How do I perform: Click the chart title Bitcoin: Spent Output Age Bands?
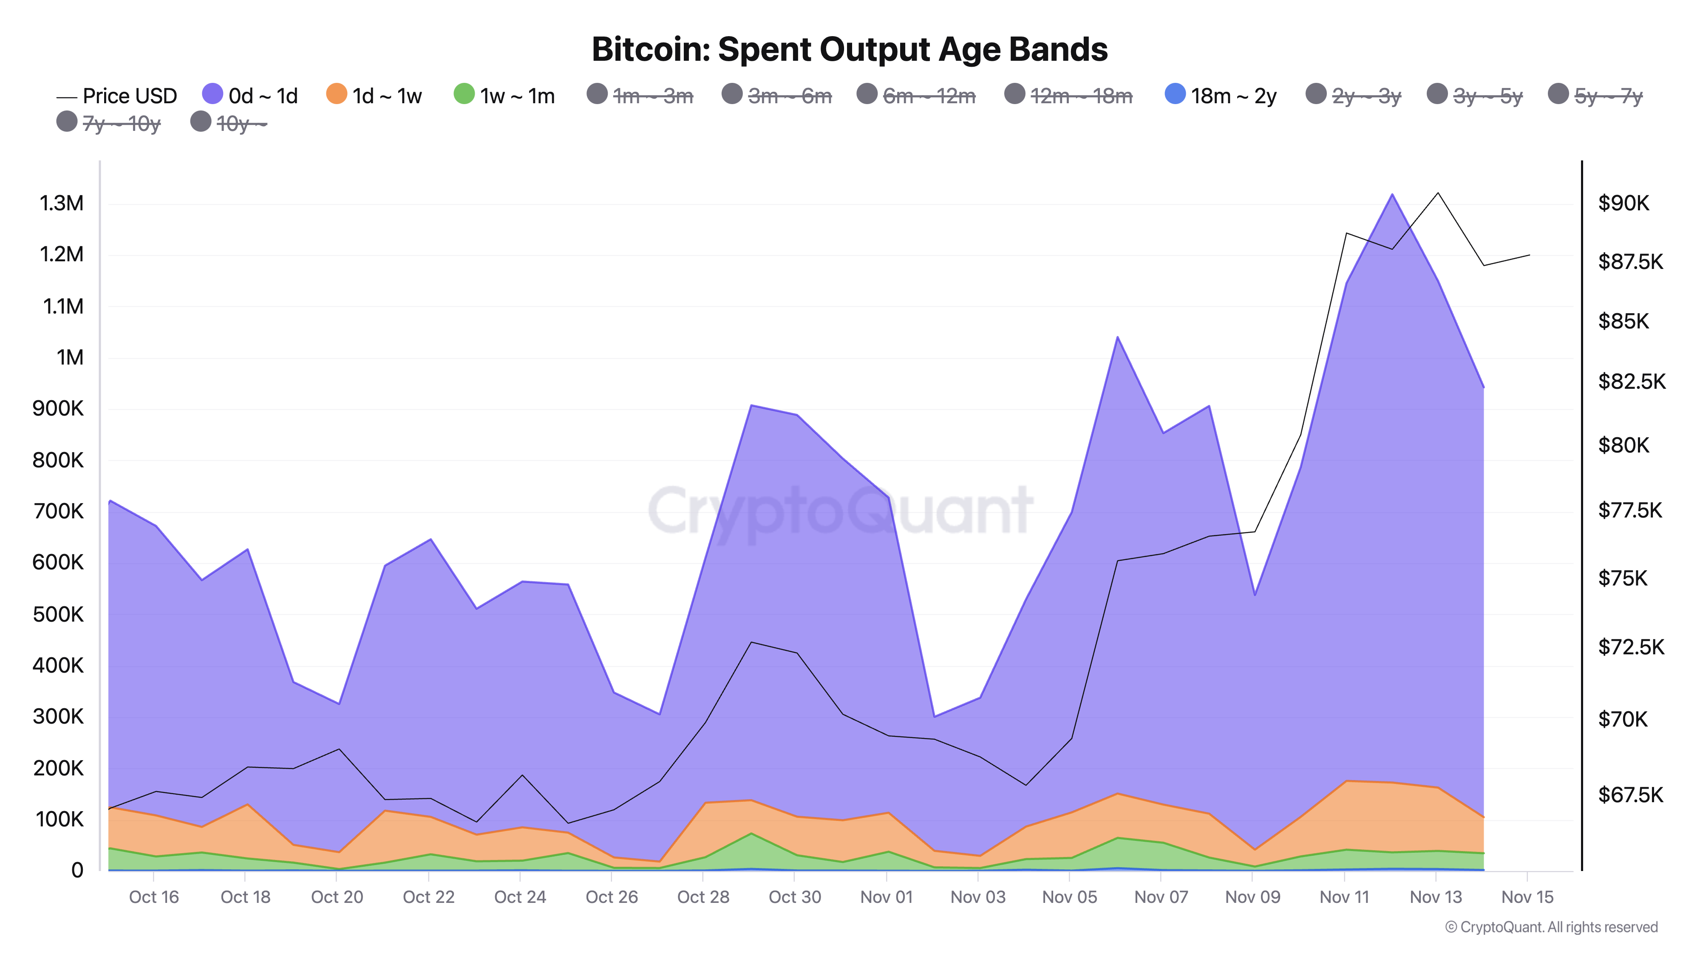point(849,49)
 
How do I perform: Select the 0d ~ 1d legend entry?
point(250,96)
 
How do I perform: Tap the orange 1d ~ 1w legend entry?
point(374,96)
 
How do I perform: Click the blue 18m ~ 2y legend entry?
point(1221,96)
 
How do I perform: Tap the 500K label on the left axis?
point(58,614)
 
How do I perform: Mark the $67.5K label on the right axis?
point(1630,795)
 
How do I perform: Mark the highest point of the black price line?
point(1438,192)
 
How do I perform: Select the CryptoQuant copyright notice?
point(1551,927)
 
